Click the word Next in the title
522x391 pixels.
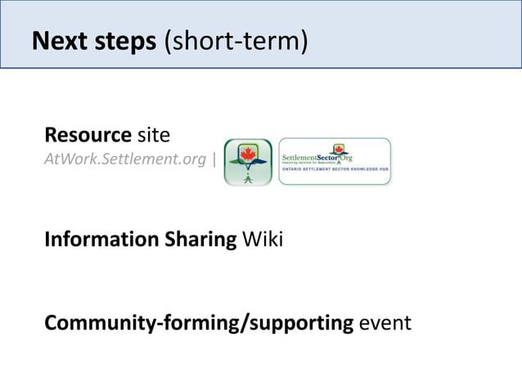(x=56, y=40)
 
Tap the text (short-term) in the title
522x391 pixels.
(x=236, y=41)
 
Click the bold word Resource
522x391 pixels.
(x=88, y=134)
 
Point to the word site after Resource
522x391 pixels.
(x=153, y=134)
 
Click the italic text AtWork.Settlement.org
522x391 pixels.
(x=124, y=159)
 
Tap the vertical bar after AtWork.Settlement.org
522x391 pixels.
(x=214, y=159)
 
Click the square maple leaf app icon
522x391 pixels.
(x=248, y=162)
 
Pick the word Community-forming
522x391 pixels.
(x=134, y=323)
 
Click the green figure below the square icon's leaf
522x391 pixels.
(x=248, y=175)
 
